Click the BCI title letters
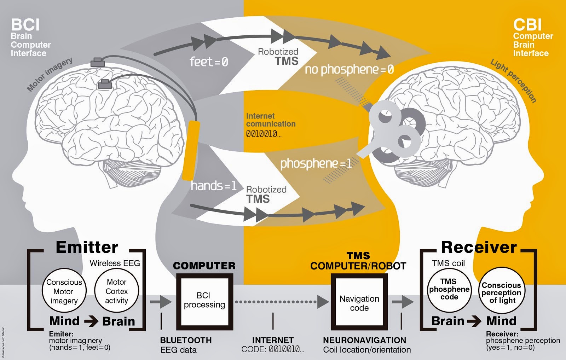25,25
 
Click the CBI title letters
527,25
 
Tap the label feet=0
209,62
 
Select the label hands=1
213,186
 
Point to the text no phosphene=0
349,69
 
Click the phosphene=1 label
316,163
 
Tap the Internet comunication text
271,120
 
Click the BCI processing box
204,300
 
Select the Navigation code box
359,303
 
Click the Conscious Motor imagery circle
64,291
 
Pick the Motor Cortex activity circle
116,291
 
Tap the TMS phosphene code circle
449,289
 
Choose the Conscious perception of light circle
501,292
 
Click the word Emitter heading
87,247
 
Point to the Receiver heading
479,247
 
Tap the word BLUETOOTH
186,340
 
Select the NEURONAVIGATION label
364,340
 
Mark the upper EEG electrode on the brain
98,63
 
